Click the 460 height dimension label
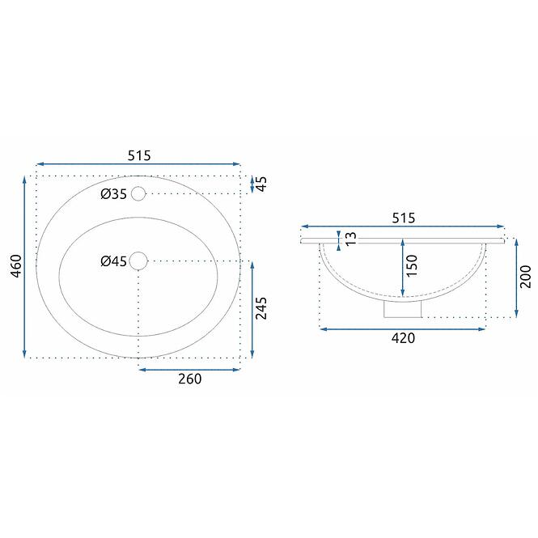[x=16, y=266]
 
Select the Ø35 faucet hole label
[x=113, y=194]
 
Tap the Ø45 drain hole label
[x=113, y=261]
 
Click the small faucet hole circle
[x=138, y=194]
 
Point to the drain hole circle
[x=138, y=261]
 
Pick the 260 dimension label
[x=190, y=379]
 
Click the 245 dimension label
[x=261, y=308]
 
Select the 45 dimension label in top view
[x=261, y=184]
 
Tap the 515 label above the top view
[x=139, y=156]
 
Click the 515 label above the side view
[x=404, y=218]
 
